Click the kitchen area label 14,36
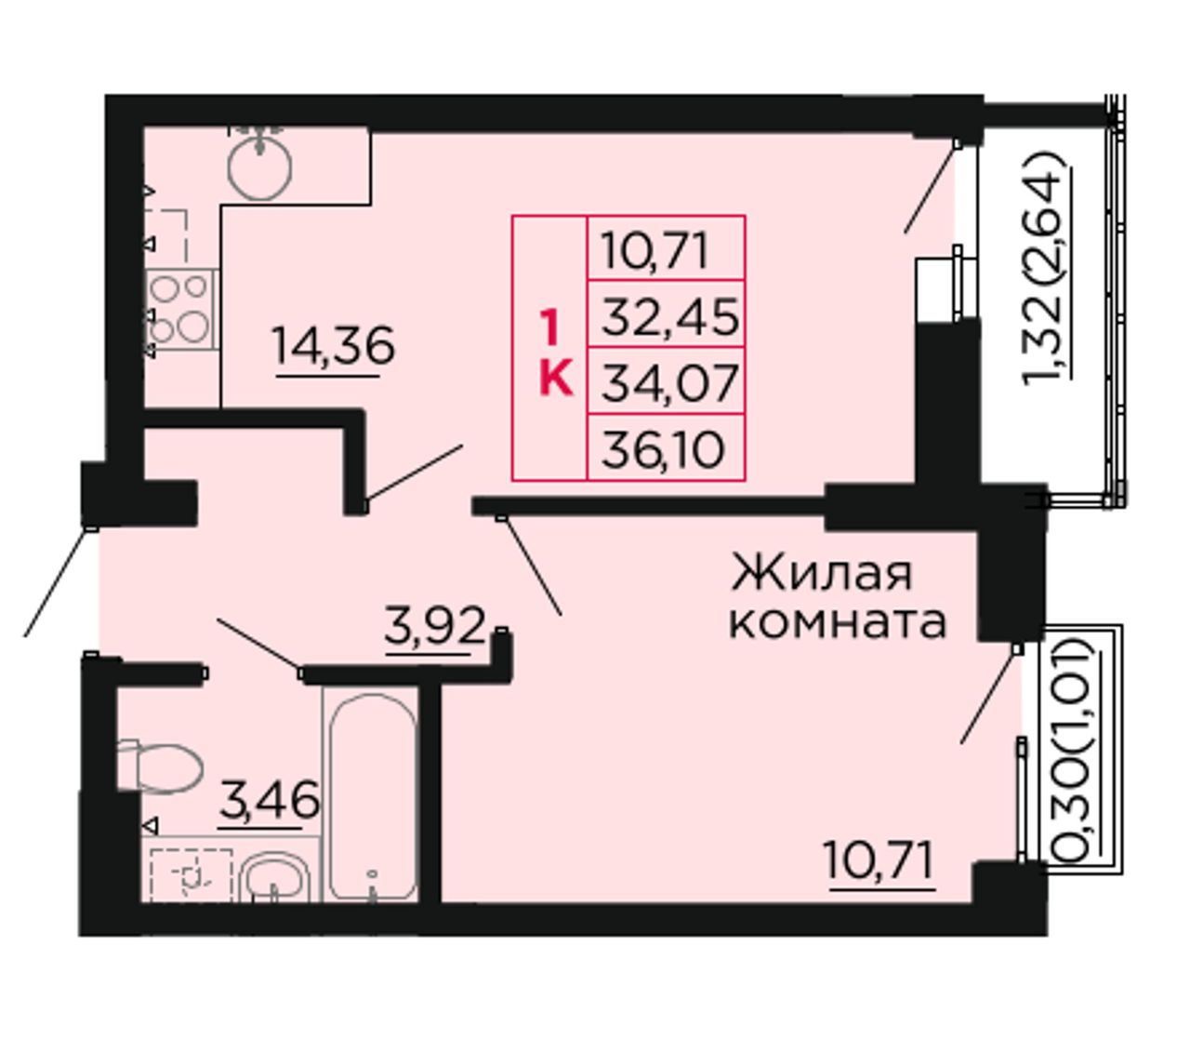coord(334,346)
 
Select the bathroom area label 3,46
coord(270,801)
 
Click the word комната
coord(838,622)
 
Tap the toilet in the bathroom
coord(159,767)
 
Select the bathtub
coord(372,797)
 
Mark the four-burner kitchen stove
coord(180,310)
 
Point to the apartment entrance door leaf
coord(58,582)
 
